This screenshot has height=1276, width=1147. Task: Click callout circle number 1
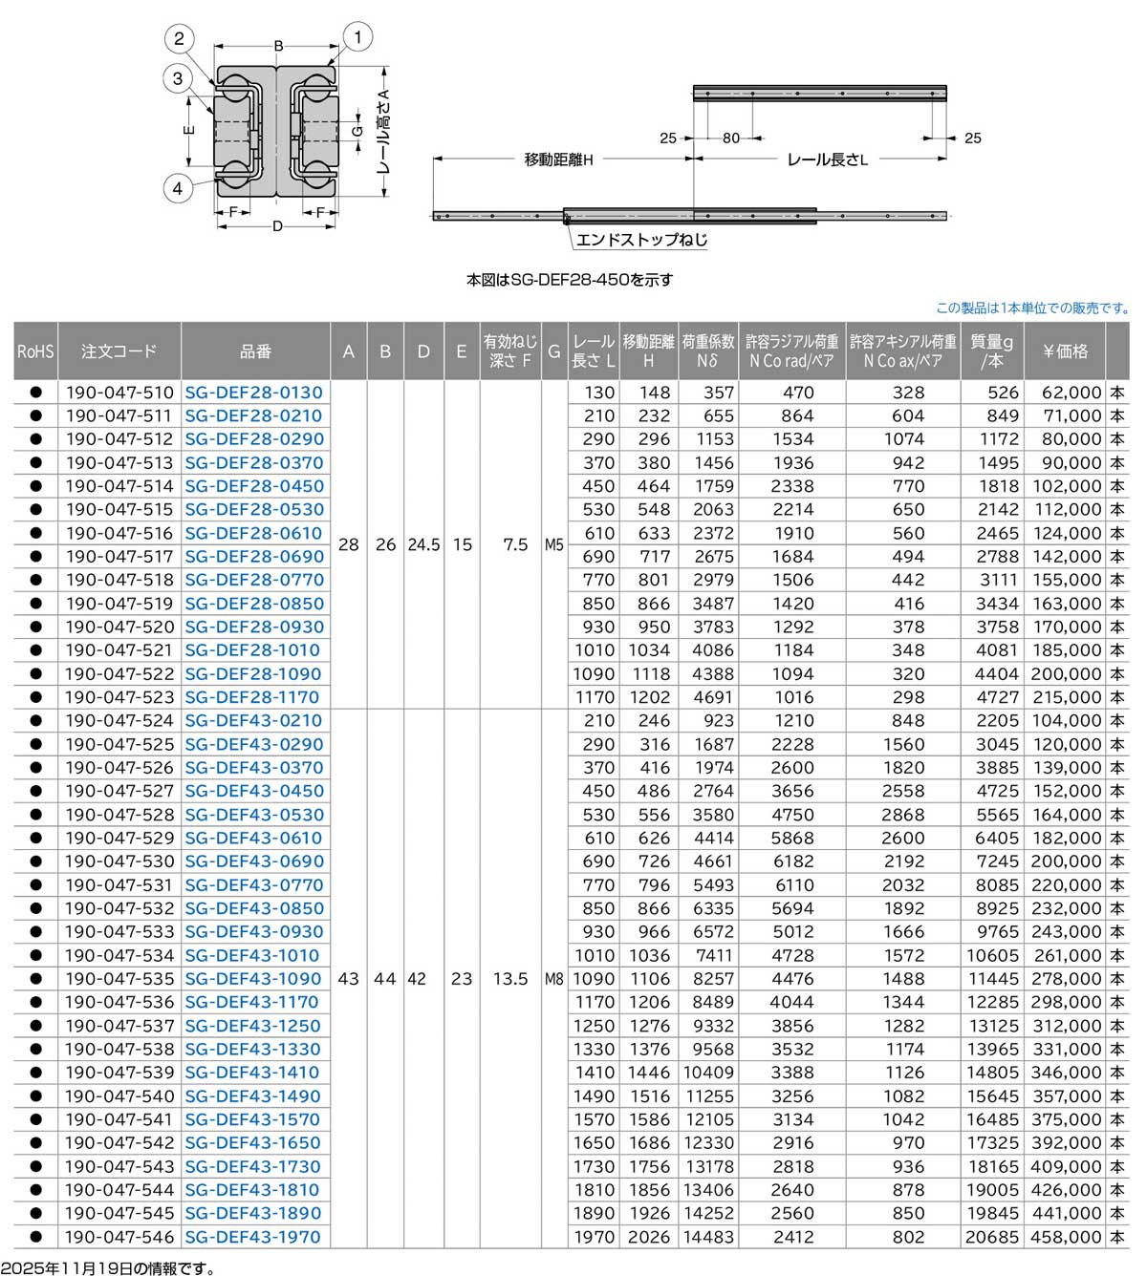[357, 38]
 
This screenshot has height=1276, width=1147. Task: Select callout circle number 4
[177, 188]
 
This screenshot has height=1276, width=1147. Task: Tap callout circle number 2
[179, 39]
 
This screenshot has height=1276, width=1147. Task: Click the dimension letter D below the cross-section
[278, 227]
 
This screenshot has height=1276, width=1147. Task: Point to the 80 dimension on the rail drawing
[730, 138]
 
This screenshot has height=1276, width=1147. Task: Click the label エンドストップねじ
[641, 240]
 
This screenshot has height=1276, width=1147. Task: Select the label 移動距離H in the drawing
[558, 159]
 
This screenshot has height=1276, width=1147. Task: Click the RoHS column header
[35, 351]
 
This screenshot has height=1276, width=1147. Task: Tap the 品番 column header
[255, 351]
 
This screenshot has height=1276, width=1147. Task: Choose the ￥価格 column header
[1066, 351]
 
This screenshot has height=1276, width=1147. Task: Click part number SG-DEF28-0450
[254, 486]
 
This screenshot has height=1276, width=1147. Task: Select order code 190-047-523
[119, 697]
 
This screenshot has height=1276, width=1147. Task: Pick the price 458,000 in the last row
[1066, 1237]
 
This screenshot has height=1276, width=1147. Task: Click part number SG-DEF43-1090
[254, 979]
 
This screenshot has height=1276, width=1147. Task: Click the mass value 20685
[992, 1237]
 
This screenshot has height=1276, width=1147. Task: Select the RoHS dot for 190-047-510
[35, 393]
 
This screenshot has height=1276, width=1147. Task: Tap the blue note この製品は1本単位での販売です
[1032, 308]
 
